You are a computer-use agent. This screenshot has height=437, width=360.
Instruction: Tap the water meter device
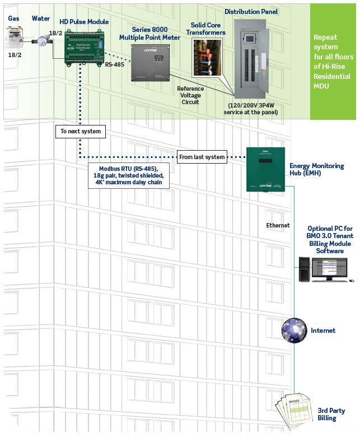click(x=40, y=41)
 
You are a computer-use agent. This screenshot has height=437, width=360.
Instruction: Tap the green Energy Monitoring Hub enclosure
click(x=265, y=169)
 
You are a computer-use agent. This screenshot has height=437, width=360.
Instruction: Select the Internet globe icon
click(x=294, y=330)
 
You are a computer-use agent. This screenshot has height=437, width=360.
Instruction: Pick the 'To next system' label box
click(x=81, y=132)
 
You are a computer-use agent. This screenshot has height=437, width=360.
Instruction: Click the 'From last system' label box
click(x=202, y=157)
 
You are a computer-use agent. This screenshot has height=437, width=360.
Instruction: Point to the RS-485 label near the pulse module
click(x=115, y=65)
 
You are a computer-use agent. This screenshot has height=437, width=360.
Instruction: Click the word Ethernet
click(x=278, y=225)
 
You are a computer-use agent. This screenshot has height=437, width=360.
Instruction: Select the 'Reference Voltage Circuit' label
click(x=190, y=95)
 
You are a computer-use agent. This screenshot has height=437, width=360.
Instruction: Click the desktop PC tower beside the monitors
click(x=305, y=269)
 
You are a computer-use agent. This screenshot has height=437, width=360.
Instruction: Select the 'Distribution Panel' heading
click(x=251, y=11)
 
